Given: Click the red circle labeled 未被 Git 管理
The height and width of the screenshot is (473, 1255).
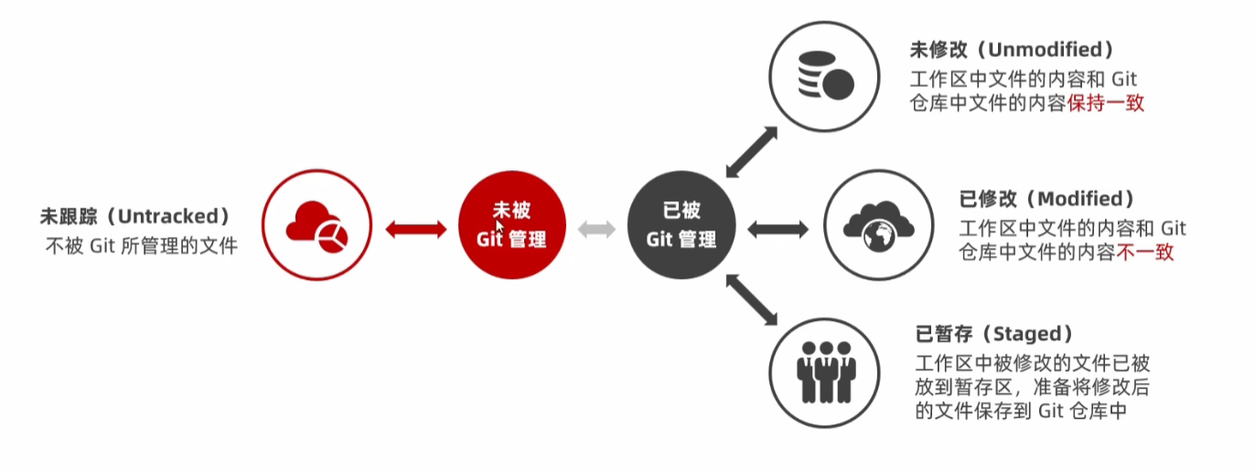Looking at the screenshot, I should pyautogui.click(x=512, y=225).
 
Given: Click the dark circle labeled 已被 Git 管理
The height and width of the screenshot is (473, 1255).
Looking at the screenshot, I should pyautogui.click(x=681, y=225).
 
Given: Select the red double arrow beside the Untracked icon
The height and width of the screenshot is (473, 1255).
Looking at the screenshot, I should pyautogui.click(x=415, y=228).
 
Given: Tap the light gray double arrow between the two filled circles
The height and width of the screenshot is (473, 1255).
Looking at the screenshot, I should pyautogui.click(x=596, y=228).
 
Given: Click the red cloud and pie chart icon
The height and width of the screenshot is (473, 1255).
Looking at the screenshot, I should pyautogui.click(x=316, y=225).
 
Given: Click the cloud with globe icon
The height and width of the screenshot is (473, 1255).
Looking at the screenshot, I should pyautogui.click(x=878, y=225).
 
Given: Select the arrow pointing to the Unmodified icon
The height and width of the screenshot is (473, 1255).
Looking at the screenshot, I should pyautogui.click(x=752, y=151).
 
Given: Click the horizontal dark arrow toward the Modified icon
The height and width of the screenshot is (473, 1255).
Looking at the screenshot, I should pyautogui.click(x=778, y=228).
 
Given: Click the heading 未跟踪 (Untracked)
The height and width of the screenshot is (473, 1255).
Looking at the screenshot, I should pyautogui.click(x=134, y=217).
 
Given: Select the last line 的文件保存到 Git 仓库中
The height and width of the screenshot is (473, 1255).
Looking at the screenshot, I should pyautogui.click(x=1020, y=412).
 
